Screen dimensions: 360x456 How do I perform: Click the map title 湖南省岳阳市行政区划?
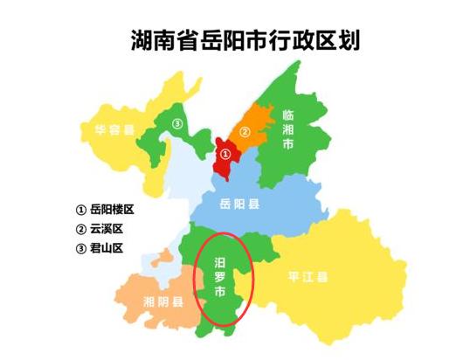click(x=245, y=40)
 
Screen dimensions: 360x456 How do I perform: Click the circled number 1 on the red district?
click(x=225, y=154)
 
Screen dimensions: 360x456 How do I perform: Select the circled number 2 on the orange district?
click(x=245, y=133)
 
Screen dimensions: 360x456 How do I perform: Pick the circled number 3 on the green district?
click(x=177, y=123)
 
